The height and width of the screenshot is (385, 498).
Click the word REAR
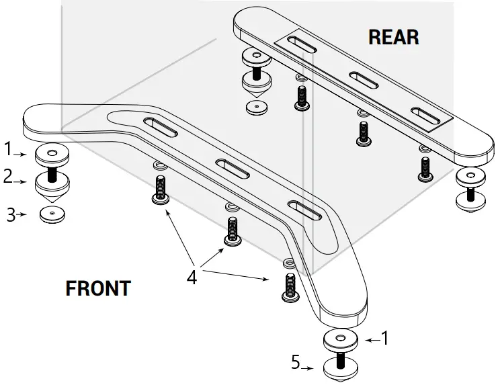(x=393, y=36)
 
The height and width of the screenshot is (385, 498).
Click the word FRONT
(x=98, y=288)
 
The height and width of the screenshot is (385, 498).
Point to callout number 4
(x=192, y=276)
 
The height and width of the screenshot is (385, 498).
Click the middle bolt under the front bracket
(x=233, y=232)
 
